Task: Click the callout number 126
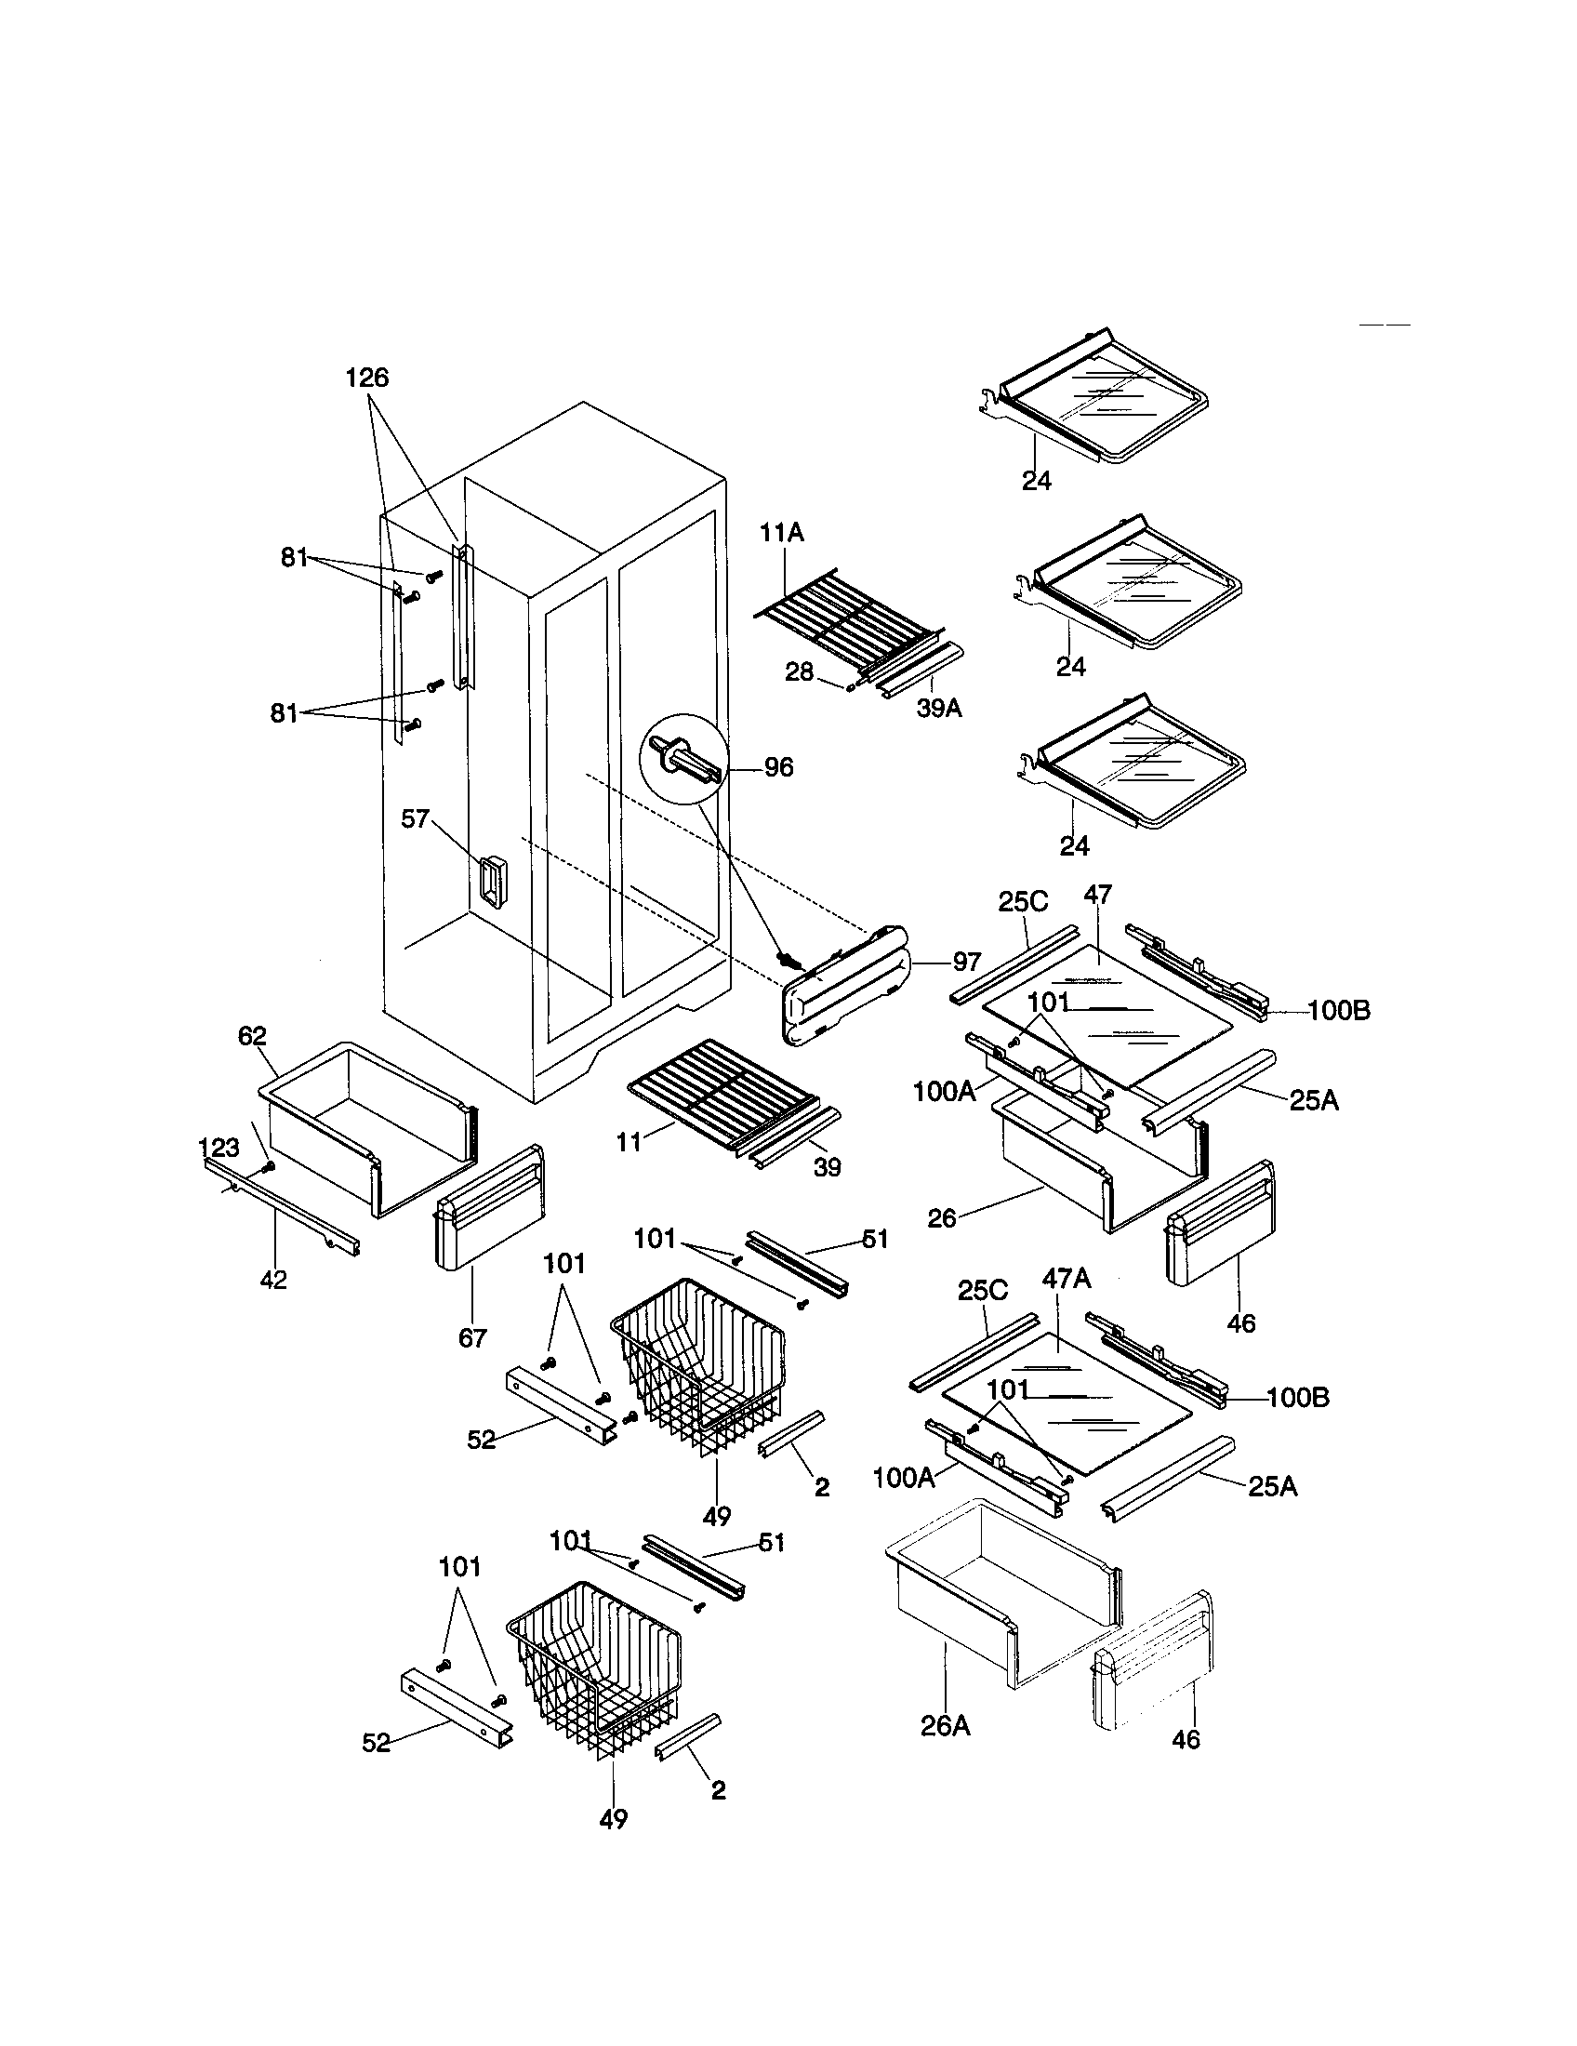click(x=367, y=378)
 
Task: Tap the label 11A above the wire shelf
click(x=782, y=533)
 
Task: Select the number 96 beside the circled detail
click(x=778, y=767)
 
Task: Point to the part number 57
click(x=415, y=818)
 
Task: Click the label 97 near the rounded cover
click(x=966, y=962)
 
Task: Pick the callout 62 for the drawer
click(x=252, y=1035)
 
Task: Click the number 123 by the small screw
click(x=219, y=1148)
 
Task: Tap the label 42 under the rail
click(x=273, y=1280)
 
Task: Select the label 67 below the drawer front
click(x=472, y=1338)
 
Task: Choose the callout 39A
click(x=938, y=710)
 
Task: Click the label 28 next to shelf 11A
click(x=799, y=671)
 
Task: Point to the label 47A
click(x=1067, y=1279)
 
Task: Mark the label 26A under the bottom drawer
click(x=945, y=1724)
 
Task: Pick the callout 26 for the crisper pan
click(x=942, y=1218)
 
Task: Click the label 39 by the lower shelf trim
click(x=827, y=1167)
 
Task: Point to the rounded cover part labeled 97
click(x=842, y=984)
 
